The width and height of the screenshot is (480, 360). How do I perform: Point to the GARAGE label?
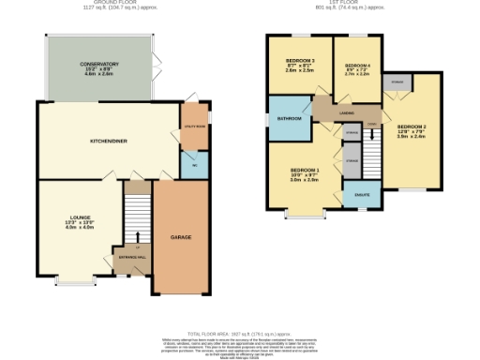coord(181,237)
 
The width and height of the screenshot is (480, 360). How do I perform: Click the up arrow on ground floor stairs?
coord(137,238)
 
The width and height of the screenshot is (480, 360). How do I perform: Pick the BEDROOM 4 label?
coord(357,65)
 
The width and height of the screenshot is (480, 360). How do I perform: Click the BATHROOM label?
coord(289,119)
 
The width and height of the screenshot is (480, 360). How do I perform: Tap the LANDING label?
coord(346,113)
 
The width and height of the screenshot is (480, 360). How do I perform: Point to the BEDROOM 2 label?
coord(411,126)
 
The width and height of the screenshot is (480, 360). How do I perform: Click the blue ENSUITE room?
coord(360,195)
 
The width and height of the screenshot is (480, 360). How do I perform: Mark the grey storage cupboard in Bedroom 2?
coord(397,82)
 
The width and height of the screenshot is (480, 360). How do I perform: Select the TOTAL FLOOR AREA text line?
coord(239,333)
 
